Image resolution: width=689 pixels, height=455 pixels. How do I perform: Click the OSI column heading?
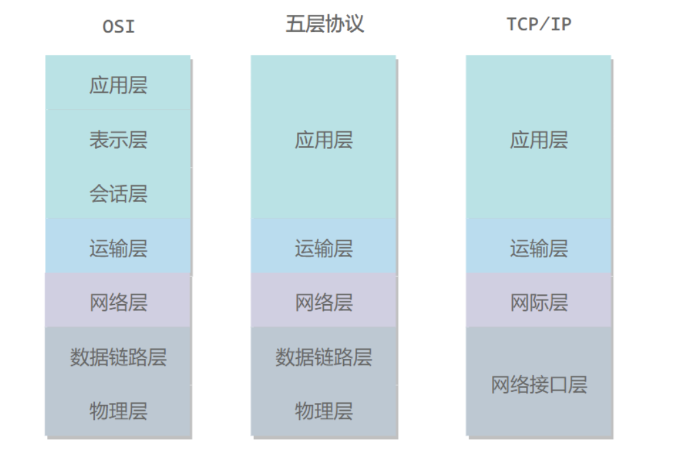(118, 26)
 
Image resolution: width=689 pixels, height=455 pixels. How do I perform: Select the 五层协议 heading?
(324, 24)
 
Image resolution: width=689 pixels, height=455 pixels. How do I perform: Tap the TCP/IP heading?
(539, 25)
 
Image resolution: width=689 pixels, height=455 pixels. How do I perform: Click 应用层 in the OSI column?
(118, 85)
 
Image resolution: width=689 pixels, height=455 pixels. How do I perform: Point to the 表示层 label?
(118, 140)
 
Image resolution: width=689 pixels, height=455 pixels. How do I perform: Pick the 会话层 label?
(118, 194)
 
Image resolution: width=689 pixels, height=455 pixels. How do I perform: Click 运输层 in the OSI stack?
(118, 248)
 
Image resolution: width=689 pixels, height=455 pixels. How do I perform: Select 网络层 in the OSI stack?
(118, 302)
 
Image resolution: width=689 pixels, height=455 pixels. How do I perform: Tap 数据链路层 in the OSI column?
(118, 357)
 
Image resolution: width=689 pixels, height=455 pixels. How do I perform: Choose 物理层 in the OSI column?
(118, 411)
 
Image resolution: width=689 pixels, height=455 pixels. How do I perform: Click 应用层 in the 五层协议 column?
(324, 140)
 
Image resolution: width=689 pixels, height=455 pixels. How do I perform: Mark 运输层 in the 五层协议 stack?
(324, 248)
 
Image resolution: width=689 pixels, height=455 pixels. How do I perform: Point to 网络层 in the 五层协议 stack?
(324, 302)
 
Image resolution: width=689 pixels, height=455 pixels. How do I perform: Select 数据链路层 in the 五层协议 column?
(324, 357)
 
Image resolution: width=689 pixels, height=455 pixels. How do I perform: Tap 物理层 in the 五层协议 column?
(324, 411)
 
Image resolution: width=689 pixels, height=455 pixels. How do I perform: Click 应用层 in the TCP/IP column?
(539, 140)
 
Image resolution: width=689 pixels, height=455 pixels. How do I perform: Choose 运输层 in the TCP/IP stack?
(539, 248)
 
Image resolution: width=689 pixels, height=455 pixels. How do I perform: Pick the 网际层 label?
(539, 302)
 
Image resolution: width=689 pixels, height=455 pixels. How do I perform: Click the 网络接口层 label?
(539, 385)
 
